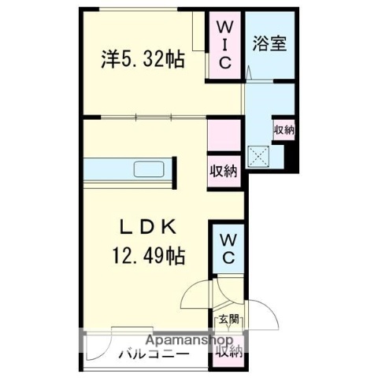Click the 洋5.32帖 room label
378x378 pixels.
tap(143, 60)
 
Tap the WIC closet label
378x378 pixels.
tap(224, 45)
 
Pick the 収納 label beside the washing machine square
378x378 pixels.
tap(283, 130)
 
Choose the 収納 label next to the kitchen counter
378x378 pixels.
tap(224, 170)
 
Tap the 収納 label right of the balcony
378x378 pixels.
tap(229, 351)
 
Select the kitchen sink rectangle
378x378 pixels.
tap(148, 169)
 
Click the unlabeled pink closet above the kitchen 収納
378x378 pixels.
tap(224, 134)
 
